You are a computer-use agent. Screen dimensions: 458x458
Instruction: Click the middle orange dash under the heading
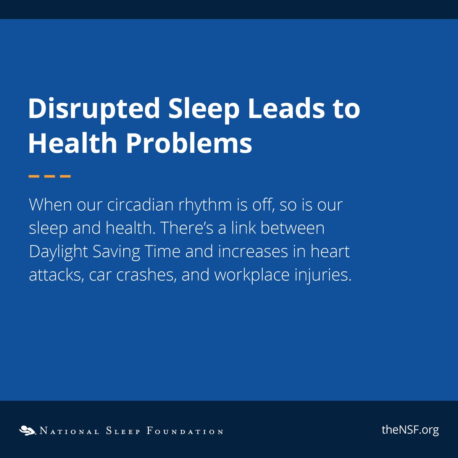pyautogui.click(x=50, y=176)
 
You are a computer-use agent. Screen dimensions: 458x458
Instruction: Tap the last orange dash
pyautogui.click(x=66, y=176)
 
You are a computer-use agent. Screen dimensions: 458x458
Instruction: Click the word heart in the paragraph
pyautogui.click(x=330, y=252)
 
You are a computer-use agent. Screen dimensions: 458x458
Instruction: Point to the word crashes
pyautogui.click(x=146, y=275)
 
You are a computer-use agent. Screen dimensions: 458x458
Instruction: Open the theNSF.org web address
pyautogui.click(x=410, y=430)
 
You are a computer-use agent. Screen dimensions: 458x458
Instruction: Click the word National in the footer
pyautogui.click(x=69, y=432)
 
